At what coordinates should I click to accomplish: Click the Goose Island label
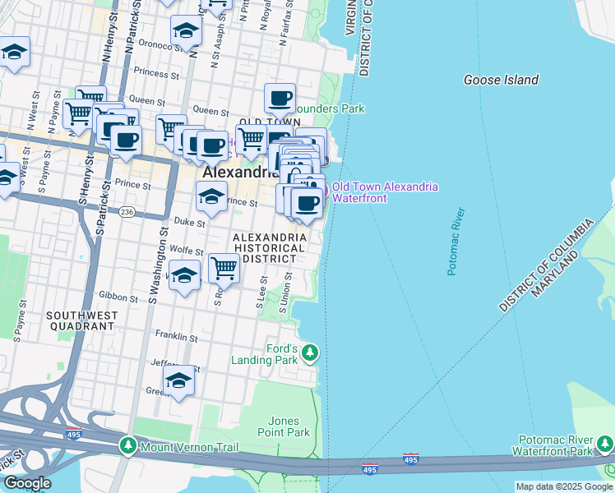(501, 80)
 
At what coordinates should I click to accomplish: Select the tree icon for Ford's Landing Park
(310, 353)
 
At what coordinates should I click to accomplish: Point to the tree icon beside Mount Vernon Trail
(127, 446)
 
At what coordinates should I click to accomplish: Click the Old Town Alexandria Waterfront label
(385, 192)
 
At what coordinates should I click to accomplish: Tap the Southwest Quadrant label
(80, 320)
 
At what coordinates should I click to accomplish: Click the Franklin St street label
(177, 337)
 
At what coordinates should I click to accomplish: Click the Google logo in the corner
(27, 483)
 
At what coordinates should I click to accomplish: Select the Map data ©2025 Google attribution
(564, 486)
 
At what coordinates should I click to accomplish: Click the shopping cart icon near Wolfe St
(224, 266)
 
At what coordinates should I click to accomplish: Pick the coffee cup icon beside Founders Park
(280, 98)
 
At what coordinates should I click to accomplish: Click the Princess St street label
(150, 72)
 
